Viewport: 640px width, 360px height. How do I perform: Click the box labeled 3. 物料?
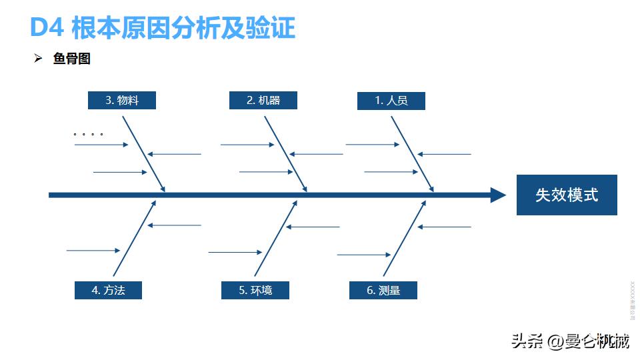click(x=122, y=101)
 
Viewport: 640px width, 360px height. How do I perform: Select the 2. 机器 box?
click(x=263, y=101)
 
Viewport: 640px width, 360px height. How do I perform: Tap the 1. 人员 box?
click(x=391, y=101)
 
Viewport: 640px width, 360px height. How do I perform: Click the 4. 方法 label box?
click(x=108, y=290)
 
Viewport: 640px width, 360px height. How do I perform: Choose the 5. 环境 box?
click(x=255, y=290)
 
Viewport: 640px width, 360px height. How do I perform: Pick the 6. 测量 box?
click(x=383, y=290)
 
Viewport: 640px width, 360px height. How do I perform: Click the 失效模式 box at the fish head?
click(x=567, y=195)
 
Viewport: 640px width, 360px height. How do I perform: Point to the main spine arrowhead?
click(x=498, y=195)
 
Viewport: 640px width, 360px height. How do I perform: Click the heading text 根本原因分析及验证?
click(x=183, y=28)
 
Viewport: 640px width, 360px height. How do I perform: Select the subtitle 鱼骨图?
click(x=71, y=59)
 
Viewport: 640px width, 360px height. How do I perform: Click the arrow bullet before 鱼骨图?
click(x=38, y=59)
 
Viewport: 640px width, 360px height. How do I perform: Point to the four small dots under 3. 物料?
click(x=88, y=134)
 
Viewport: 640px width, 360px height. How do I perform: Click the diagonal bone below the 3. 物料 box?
click(x=143, y=153)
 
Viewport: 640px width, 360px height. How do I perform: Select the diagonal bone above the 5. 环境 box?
click(x=275, y=237)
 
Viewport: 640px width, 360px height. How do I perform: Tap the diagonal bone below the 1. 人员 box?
click(x=412, y=153)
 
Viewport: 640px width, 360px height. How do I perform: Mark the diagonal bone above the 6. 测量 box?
click(x=405, y=237)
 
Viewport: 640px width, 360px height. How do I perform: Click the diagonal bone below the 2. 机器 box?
click(x=285, y=153)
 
